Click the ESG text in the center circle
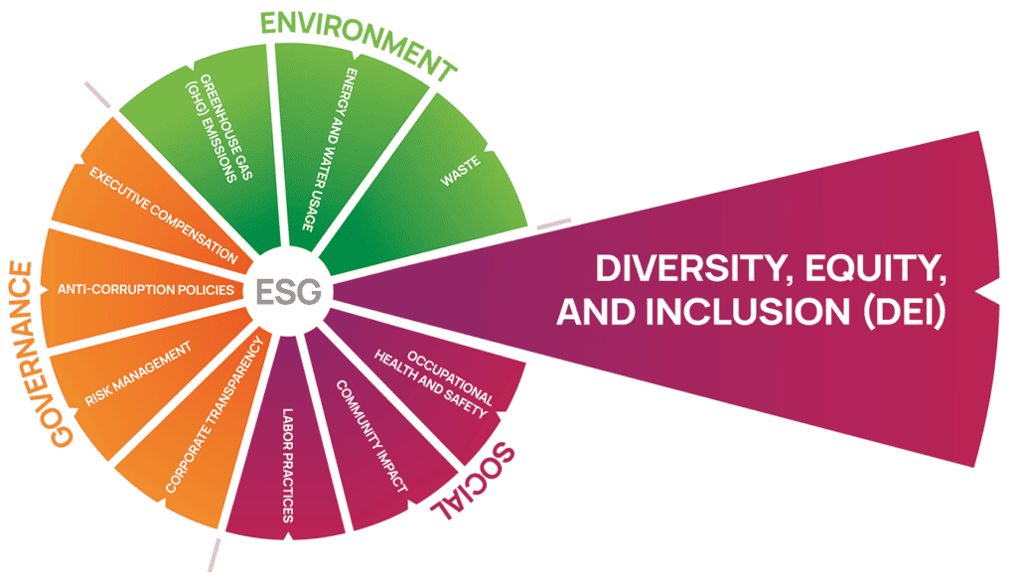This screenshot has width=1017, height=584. coord(289,292)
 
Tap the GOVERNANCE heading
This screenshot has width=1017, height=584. coord(41,355)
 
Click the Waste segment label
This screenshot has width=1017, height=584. coord(461,171)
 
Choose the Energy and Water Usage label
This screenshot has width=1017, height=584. coord(330,149)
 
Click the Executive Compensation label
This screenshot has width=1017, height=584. coord(164,215)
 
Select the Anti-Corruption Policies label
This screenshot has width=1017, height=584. coord(145,289)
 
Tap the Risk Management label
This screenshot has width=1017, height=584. coord(138,373)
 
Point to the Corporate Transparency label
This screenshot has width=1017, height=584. coord(215,414)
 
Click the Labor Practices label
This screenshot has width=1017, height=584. coord(287,465)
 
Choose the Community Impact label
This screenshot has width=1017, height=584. coord(371,436)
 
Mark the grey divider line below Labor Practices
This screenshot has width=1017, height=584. coord(215,555)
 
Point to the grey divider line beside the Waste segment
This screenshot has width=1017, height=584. coord(554,223)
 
